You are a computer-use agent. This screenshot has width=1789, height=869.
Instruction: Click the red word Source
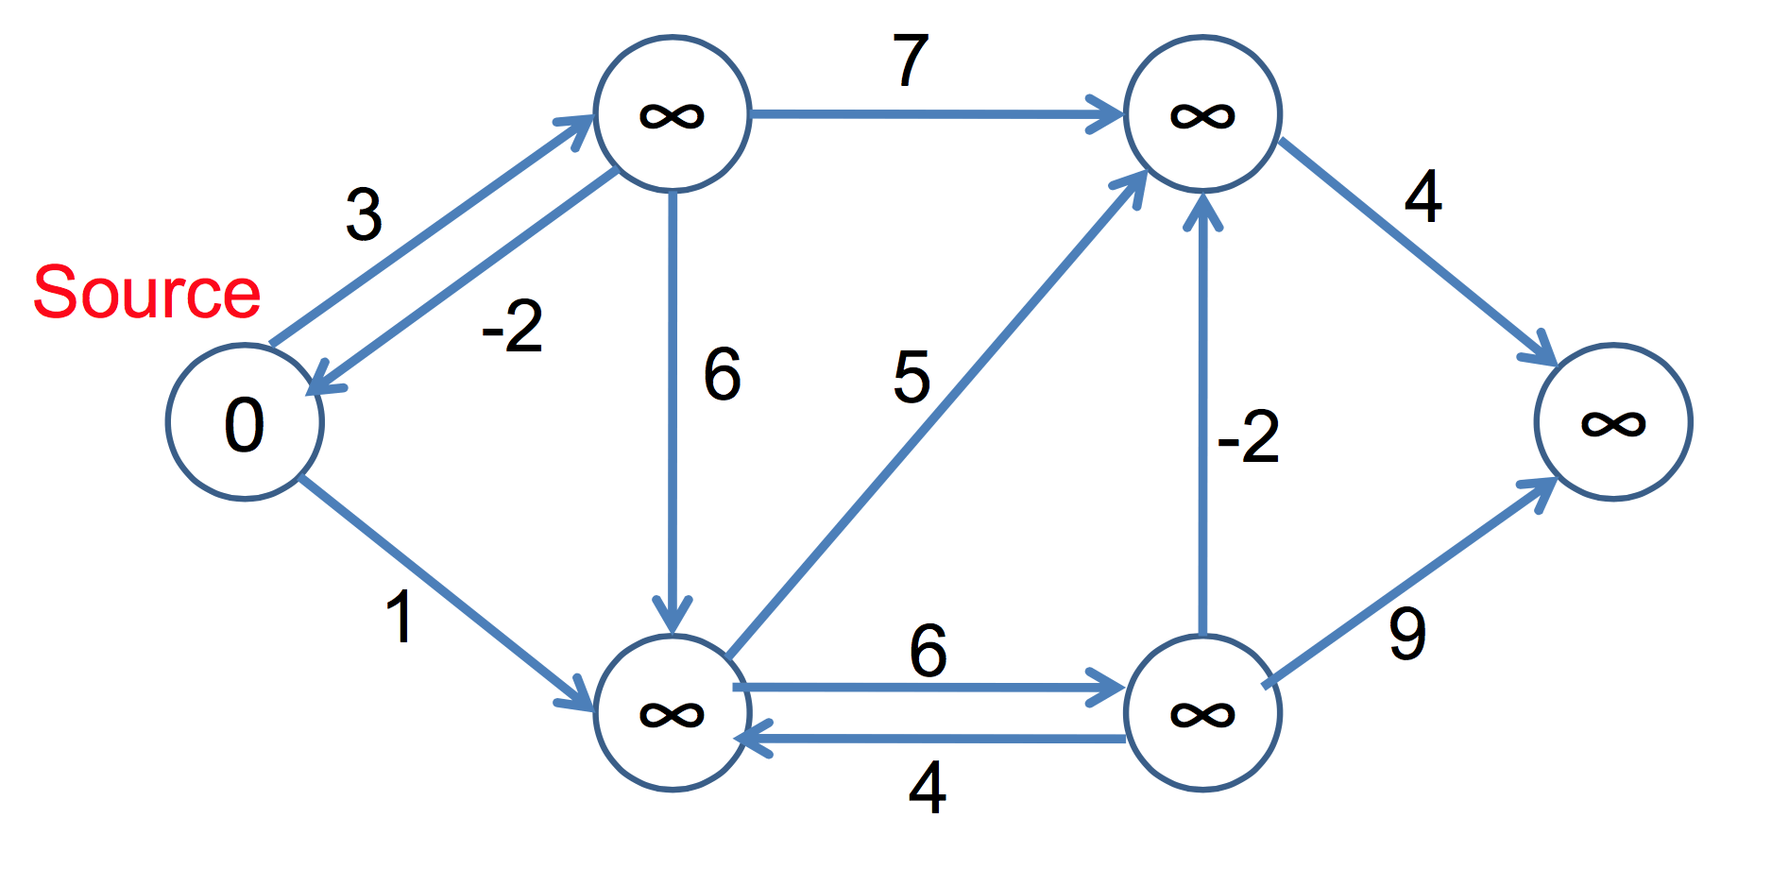(x=146, y=292)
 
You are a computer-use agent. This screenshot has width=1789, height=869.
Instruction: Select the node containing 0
(x=245, y=421)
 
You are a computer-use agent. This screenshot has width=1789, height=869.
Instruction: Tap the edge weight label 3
(x=364, y=215)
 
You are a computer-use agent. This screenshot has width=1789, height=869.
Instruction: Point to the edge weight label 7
(x=911, y=61)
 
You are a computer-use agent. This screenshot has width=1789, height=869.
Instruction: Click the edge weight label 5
(x=912, y=377)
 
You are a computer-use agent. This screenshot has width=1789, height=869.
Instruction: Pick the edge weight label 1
(x=400, y=618)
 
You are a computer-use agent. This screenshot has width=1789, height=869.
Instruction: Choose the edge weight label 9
(x=1407, y=634)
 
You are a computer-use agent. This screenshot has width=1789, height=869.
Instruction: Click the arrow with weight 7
(x=935, y=114)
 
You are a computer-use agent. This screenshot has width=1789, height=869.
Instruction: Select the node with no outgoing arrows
(x=1613, y=421)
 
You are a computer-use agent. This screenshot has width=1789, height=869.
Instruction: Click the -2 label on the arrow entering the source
(x=512, y=327)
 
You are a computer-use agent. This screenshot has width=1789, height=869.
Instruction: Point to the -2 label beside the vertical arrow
(x=1248, y=437)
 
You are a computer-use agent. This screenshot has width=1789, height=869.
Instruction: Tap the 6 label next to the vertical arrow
(x=723, y=375)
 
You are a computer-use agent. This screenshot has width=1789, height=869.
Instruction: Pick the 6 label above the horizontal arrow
(x=928, y=651)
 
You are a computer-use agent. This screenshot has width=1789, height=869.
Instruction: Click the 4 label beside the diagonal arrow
(x=1423, y=197)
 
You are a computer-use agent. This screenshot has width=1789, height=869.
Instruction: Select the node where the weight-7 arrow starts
(x=672, y=114)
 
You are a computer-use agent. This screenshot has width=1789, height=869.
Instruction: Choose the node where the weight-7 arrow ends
(x=1202, y=114)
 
